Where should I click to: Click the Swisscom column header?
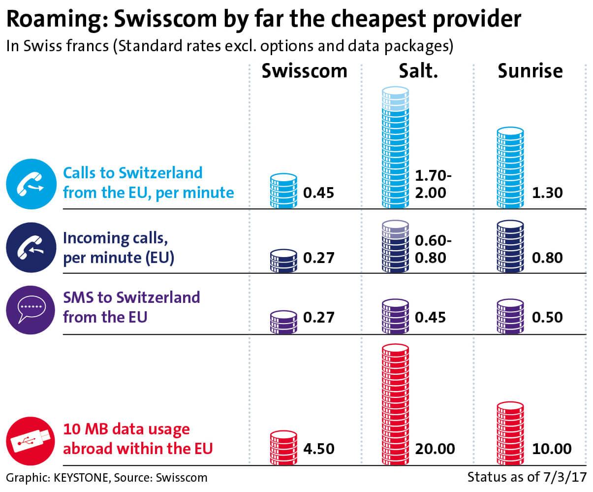click(304, 71)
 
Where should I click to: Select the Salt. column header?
click(418, 71)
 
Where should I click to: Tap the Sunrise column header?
click(530, 71)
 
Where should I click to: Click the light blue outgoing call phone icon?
click(31, 184)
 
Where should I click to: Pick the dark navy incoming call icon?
click(31, 247)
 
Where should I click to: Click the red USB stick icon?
click(31, 441)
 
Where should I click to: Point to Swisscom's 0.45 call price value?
click(318, 193)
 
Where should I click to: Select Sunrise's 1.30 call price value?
click(547, 193)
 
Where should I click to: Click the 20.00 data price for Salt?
click(435, 449)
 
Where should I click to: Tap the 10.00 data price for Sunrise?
click(552, 449)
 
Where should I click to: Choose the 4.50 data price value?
click(318, 449)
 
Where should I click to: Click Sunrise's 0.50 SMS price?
click(547, 317)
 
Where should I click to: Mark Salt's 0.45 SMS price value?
click(430, 317)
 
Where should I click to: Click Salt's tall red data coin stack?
click(395, 404)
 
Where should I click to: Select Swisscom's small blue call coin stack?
click(283, 191)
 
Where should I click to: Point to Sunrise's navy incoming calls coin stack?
click(510, 246)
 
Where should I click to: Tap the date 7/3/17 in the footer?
click(566, 477)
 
